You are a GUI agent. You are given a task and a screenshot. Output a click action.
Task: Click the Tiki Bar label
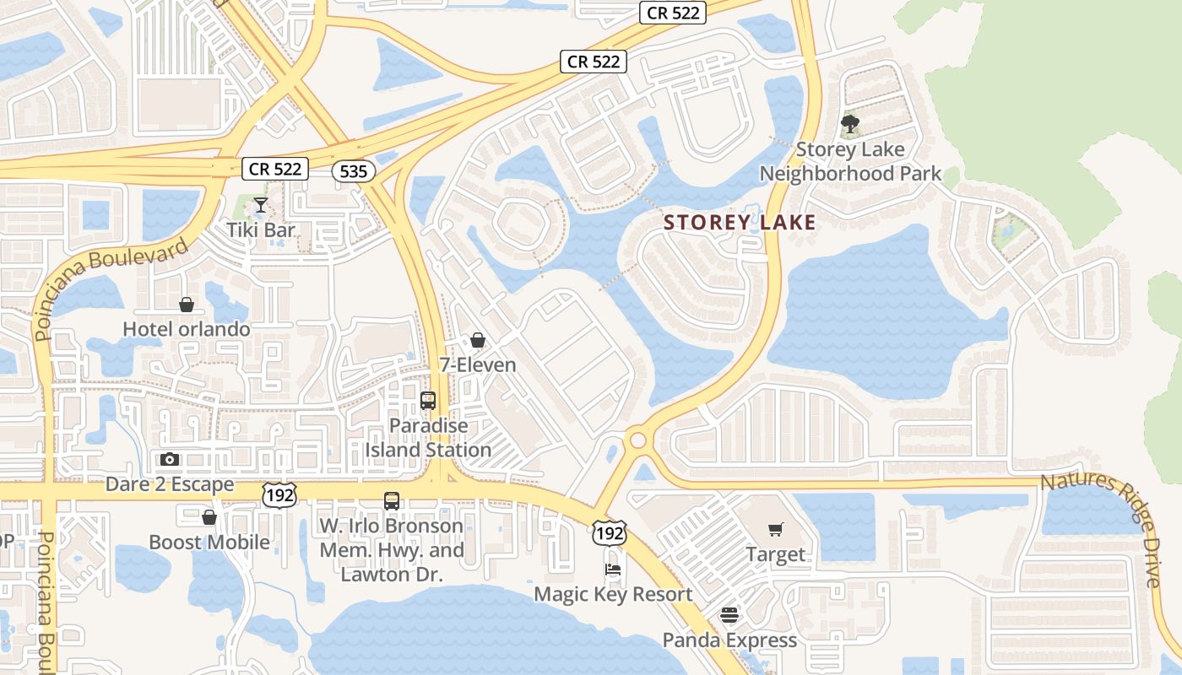point(261,229)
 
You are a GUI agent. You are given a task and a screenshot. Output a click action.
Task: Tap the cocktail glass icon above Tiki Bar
point(261,205)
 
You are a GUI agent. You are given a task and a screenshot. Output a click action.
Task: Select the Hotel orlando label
point(187,328)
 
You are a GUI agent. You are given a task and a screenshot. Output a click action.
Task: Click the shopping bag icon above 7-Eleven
point(478,340)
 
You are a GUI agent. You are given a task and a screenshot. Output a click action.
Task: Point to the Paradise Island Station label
point(428,438)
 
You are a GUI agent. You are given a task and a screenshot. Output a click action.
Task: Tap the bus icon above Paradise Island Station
point(428,401)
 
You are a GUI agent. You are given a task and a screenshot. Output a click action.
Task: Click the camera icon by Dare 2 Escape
point(170,460)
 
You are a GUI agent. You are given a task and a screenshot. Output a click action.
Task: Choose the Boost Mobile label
point(209,542)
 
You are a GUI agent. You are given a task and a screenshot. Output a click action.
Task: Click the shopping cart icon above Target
point(776,530)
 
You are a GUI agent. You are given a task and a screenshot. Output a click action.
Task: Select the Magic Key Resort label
point(613,594)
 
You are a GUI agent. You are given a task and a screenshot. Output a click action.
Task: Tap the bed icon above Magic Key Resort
point(613,570)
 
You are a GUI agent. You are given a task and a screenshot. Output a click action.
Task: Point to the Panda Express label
point(729,640)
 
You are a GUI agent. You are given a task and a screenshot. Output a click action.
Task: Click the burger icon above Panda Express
point(729,615)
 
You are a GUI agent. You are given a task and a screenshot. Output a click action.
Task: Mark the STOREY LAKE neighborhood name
point(740,223)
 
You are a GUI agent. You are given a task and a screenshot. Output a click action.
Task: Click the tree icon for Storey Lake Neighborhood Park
point(850,126)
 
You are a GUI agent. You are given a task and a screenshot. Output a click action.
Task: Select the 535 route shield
point(353,171)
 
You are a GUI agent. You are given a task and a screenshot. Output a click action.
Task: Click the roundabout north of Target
point(637,440)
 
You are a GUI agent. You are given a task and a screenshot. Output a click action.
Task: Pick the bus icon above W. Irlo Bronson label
point(392,500)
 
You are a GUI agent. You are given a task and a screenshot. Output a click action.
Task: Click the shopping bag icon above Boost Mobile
point(209,517)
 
